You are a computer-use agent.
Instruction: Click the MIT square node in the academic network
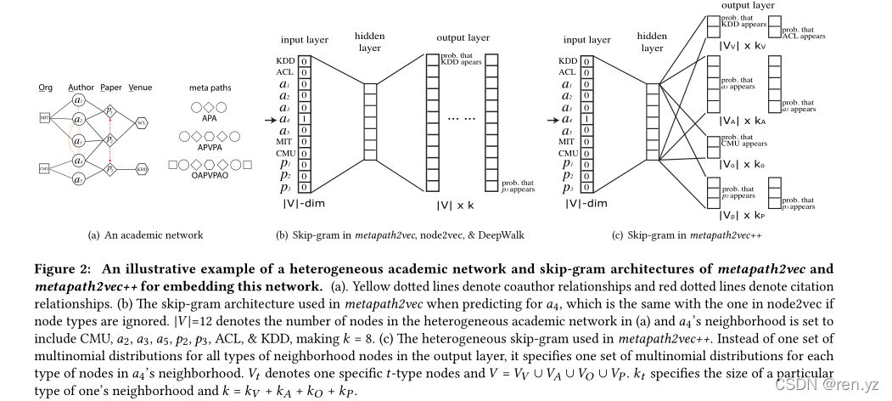coord(44,116)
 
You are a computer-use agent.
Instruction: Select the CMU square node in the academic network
coord(44,169)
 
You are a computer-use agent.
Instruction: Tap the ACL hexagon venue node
coord(142,123)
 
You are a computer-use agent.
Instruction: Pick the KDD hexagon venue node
coord(142,170)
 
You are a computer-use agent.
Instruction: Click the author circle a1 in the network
coord(77,99)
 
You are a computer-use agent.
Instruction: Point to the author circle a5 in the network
coord(77,178)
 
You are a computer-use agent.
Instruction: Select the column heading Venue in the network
coord(140,88)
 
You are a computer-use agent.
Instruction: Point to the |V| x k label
coord(456,206)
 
